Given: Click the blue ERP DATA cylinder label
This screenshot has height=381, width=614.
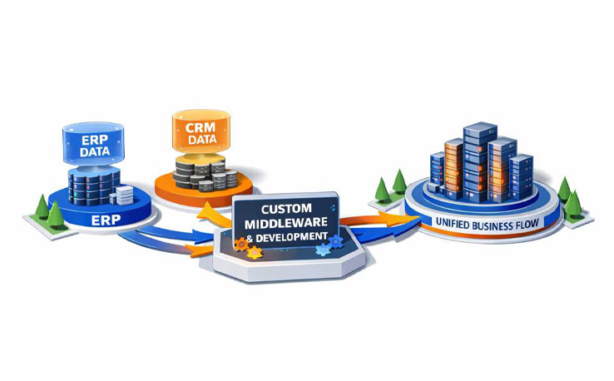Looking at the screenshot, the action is [95, 146].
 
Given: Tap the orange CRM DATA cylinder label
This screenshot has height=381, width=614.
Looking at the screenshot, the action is [201, 133].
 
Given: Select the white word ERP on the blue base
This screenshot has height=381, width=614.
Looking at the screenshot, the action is [106, 220].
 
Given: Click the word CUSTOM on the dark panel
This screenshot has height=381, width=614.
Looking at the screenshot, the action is [286, 209].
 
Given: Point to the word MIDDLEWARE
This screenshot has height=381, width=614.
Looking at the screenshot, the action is [286, 222].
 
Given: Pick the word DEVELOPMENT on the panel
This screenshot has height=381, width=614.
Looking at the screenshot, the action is [292, 236].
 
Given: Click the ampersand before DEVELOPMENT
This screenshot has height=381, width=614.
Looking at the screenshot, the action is [250, 238].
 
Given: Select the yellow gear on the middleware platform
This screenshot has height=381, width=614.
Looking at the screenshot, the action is [255, 253].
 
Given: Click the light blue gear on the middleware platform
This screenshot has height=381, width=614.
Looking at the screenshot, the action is [323, 249].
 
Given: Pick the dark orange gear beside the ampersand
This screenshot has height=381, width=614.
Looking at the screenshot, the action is [241, 245].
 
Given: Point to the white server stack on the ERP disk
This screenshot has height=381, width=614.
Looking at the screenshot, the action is [124, 195].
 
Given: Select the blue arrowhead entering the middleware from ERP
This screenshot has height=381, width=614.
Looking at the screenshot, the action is [204, 235].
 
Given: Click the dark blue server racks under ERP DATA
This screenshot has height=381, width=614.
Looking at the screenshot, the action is [93, 187].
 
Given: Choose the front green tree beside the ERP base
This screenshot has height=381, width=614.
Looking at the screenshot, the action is [55, 215].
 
